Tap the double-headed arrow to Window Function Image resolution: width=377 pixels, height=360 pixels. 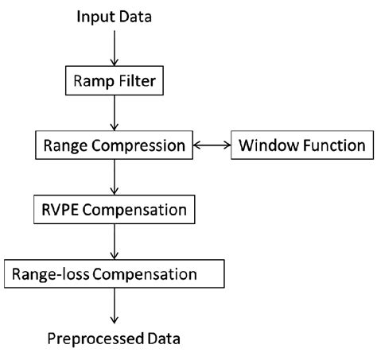(211, 145)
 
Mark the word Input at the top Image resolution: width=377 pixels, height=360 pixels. (94, 17)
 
